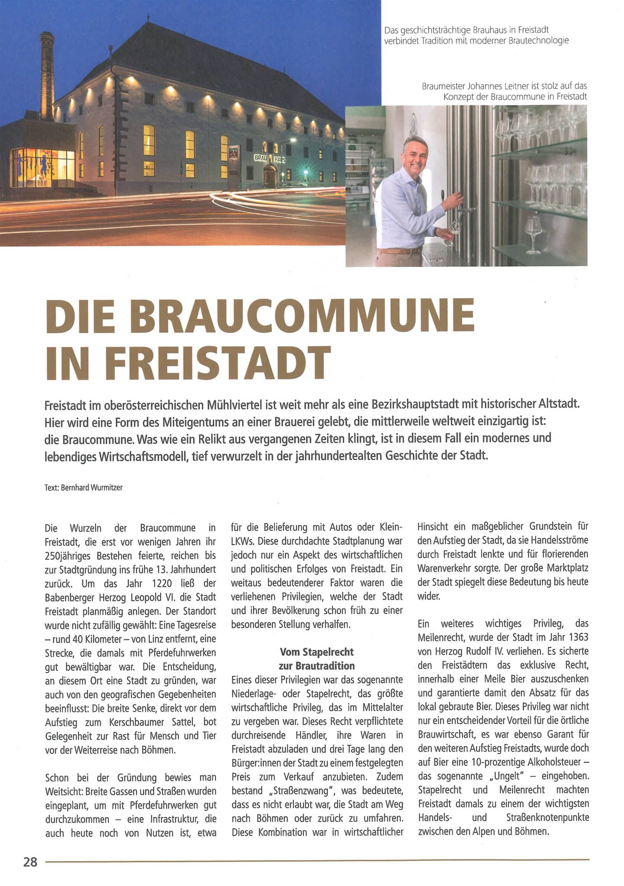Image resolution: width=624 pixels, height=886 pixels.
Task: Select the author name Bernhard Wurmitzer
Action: coord(92,488)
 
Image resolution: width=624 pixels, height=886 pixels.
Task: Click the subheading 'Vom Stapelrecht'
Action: coord(316,652)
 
